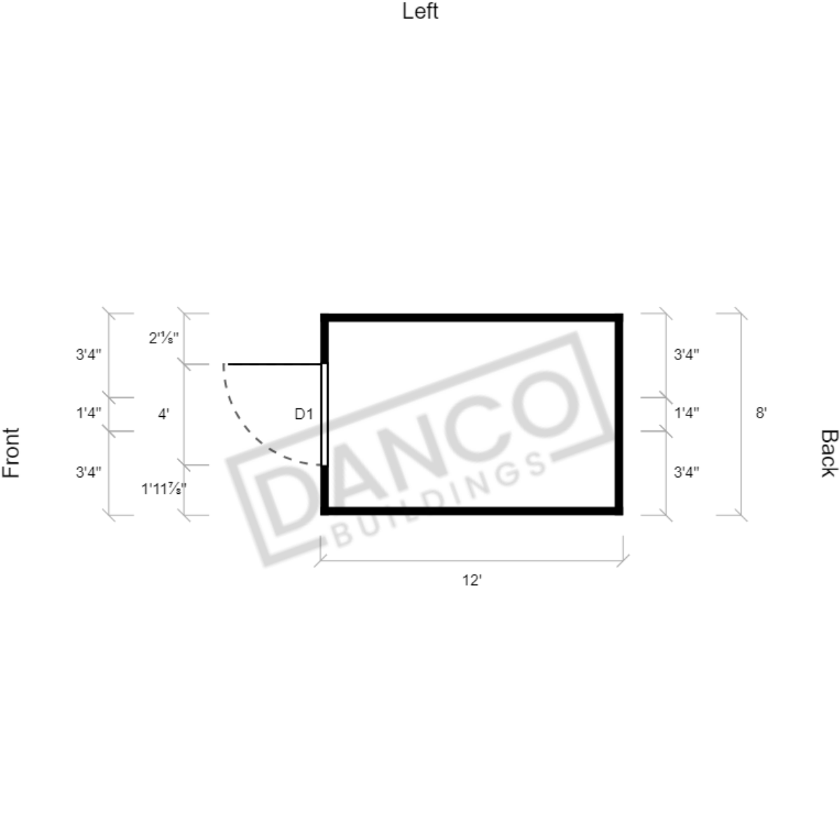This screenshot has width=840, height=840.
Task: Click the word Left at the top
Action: (420, 11)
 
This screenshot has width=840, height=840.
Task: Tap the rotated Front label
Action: (11, 453)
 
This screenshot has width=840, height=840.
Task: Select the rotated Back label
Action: (828, 453)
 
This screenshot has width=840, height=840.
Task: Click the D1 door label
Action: (304, 413)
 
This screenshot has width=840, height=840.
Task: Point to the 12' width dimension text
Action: (472, 580)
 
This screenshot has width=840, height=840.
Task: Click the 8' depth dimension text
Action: (762, 413)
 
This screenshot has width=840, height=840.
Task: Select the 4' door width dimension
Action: (163, 413)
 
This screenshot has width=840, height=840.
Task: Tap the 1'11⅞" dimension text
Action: (164, 488)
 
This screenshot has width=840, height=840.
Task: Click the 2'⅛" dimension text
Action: (163, 338)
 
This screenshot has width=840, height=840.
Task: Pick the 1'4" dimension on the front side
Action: (88, 413)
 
